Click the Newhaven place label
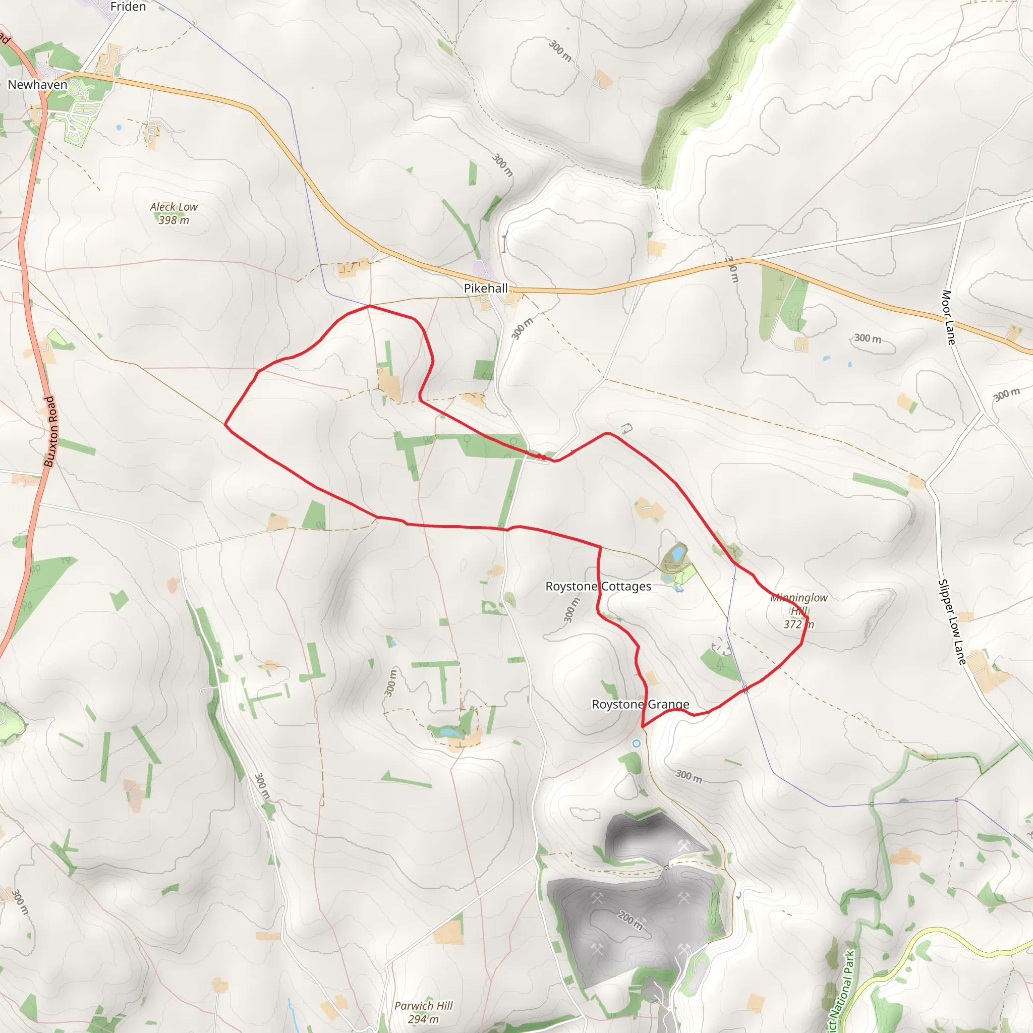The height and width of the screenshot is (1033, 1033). pos(37,84)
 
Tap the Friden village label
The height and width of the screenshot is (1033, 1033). pos(128,7)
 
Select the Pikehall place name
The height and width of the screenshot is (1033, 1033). pos(486,288)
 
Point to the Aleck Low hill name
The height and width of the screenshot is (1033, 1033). pos(174,207)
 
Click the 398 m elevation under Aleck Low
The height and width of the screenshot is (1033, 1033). pos(174,220)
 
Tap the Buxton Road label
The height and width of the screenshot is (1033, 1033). pos(50,431)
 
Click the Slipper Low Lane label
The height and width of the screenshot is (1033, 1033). pos(952,622)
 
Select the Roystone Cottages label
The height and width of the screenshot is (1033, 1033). pos(598,587)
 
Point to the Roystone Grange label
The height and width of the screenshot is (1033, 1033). pos(641,705)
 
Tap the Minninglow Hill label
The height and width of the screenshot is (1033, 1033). pos(799,604)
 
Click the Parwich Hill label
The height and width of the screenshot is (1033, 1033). pos(424,1006)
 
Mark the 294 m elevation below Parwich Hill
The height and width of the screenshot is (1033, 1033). pos(424,1019)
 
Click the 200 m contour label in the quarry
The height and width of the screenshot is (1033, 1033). pos(630,921)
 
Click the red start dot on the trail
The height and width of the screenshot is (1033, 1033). pos(542,456)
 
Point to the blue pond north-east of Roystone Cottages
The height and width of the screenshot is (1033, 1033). pos(678,553)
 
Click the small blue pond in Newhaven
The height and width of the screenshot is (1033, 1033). pos(118,128)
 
